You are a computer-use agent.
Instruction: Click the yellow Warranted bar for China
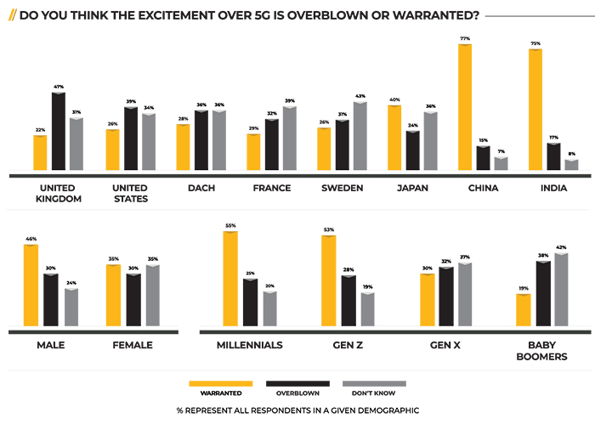(x=465, y=108)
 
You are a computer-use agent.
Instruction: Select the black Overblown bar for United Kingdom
(x=59, y=132)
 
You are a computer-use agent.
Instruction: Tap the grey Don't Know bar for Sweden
(x=360, y=137)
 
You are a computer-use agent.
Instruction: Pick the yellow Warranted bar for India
(x=536, y=110)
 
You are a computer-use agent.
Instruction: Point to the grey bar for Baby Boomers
(x=561, y=289)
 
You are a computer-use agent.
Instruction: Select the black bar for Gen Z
(x=348, y=301)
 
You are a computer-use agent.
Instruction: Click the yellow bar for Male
(x=31, y=285)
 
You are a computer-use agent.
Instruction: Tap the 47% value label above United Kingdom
(x=59, y=87)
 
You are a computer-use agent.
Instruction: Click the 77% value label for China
(x=465, y=39)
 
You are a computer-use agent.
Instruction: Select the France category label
(x=272, y=188)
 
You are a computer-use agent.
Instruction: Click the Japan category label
(x=412, y=188)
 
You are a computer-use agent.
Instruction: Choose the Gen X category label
(x=447, y=345)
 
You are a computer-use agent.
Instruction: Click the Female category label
(x=133, y=345)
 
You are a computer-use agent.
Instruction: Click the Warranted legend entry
(x=220, y=393)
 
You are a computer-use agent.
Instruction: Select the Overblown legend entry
(x=297, y=393)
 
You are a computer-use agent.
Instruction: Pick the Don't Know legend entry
(x=374, y=393)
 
